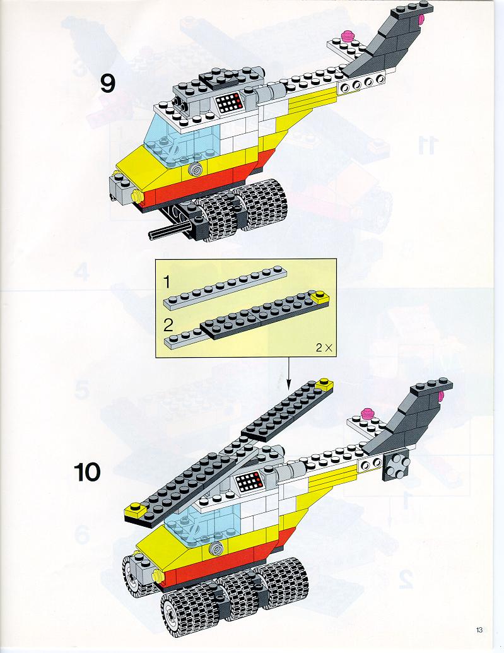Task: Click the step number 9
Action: coord(108,83)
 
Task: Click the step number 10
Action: coord(88,471)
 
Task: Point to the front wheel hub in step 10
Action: coord(171,610)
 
